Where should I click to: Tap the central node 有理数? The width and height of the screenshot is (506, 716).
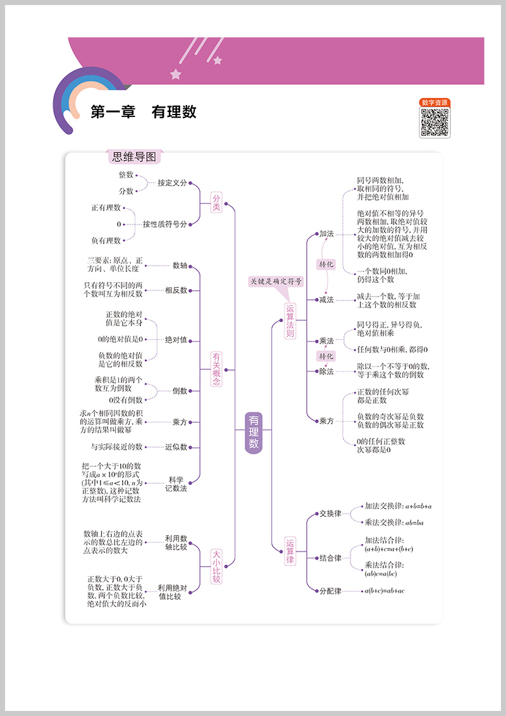coord(253,431)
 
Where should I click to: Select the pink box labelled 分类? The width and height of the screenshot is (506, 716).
coord(216,202)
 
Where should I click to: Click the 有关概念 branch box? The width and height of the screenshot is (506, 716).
coord(216,369)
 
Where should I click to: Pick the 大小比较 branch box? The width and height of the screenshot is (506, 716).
coord(216,566)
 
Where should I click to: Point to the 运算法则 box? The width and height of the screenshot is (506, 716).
coord(290,321)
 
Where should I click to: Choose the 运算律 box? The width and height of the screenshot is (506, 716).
coord(290,552)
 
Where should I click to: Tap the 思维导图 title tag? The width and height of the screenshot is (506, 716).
coord(133,157)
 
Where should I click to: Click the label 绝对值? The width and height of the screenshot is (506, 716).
coord(176,340)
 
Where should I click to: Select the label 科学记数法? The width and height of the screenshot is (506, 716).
coord(176,483)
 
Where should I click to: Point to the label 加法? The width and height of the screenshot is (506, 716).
coord(326,233)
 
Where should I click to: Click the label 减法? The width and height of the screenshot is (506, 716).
coord(326,299)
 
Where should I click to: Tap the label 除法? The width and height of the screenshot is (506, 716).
coord(326,371)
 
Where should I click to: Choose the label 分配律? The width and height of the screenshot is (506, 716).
coord(330,591)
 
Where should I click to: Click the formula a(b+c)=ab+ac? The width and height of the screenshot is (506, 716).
coord(384,591)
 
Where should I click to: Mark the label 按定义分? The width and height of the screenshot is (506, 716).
coord(173,183)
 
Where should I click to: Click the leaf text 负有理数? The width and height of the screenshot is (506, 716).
coord(106,240)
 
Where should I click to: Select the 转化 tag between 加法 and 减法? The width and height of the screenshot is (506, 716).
coord(326,264)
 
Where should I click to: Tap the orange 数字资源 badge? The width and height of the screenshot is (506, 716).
coord(435,102)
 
